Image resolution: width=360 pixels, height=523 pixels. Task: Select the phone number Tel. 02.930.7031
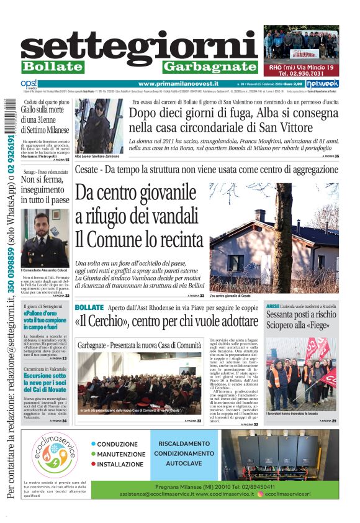click(300, 74)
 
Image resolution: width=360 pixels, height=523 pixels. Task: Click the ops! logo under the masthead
click(29, 83)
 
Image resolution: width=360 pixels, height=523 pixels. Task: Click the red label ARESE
click(272, 307)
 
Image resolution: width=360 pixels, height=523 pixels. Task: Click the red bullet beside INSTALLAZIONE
click(93, 464)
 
